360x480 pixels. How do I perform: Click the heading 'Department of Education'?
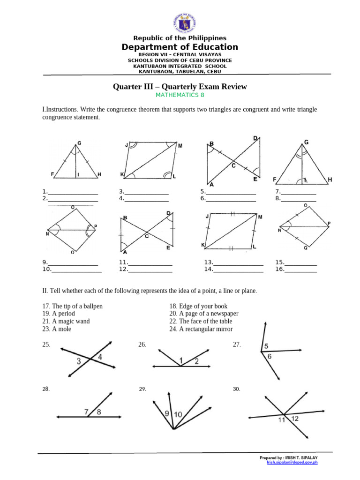point(180,47)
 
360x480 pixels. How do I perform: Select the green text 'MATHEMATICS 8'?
point(180,96)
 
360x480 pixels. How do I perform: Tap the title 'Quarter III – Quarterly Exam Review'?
point(180,87)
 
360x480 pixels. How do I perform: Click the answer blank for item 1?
point(73,191)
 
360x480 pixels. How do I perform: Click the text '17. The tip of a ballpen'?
point(72,306)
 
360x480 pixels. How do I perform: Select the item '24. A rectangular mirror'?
point(201,329)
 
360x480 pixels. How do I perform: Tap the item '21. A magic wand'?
point(66,322)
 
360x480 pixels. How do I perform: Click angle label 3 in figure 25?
point(79,361)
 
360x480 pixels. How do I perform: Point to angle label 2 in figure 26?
point(196,360)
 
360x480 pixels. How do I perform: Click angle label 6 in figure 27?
point(270,357)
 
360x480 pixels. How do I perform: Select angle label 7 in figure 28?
point(87,412)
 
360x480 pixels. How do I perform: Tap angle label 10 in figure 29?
point(178,414)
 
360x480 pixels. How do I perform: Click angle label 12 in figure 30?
point(295,419)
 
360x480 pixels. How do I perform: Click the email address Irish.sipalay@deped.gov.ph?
point(292,462)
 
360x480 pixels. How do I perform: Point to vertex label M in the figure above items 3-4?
point(180,146)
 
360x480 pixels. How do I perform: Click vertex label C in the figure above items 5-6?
point(233,165)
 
